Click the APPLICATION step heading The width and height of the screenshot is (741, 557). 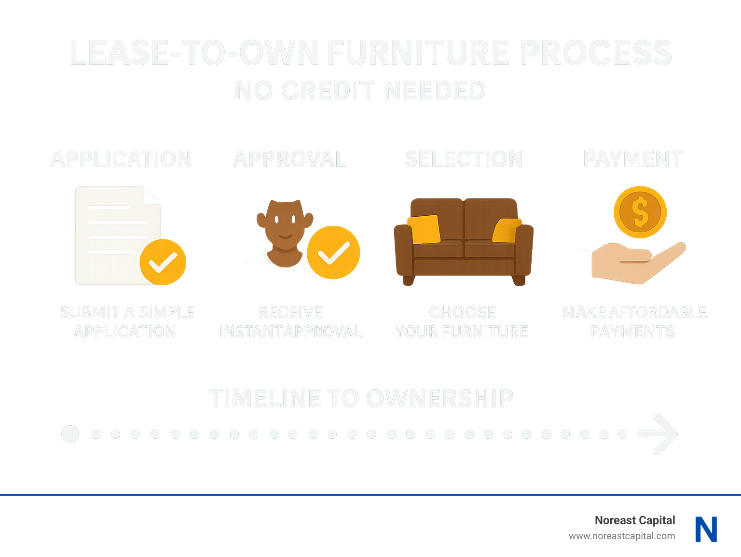(121, 159)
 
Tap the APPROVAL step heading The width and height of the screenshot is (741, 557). (289, 159)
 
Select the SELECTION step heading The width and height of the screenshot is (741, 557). (464, 159)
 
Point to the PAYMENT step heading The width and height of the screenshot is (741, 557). (632, 159)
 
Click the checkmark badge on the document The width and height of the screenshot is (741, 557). (163, 262)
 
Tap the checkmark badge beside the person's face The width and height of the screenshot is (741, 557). (333, 252)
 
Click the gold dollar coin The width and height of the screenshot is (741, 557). (640, 212)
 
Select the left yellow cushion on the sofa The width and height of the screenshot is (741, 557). (424, 229)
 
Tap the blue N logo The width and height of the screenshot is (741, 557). (706, 529)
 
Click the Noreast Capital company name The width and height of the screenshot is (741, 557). (634, 520)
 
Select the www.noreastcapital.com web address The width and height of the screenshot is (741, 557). (621, 536)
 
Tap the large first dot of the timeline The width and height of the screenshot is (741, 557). (70, 434)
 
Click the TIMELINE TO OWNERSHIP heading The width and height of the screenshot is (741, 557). (361, 399)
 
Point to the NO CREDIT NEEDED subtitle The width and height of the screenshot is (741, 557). (360, 91)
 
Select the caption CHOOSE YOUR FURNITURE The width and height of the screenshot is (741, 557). (462, 322)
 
